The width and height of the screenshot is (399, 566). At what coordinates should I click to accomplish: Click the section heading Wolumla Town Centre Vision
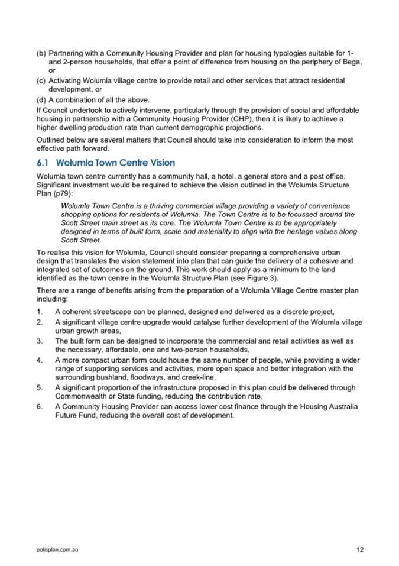point(116,163)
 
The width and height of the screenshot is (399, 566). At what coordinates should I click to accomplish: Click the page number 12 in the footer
point(360,549)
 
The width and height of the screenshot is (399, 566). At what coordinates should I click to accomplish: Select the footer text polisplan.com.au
point(57,549)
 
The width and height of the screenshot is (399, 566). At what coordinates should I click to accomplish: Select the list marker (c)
point(41,80)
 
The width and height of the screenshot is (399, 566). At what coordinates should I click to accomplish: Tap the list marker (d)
point(41,99)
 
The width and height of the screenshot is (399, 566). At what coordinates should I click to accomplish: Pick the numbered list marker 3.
point(39,341)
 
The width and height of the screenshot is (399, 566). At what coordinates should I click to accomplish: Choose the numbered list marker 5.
point(39,388)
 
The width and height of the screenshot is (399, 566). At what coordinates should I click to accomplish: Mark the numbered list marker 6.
point(39,407)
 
